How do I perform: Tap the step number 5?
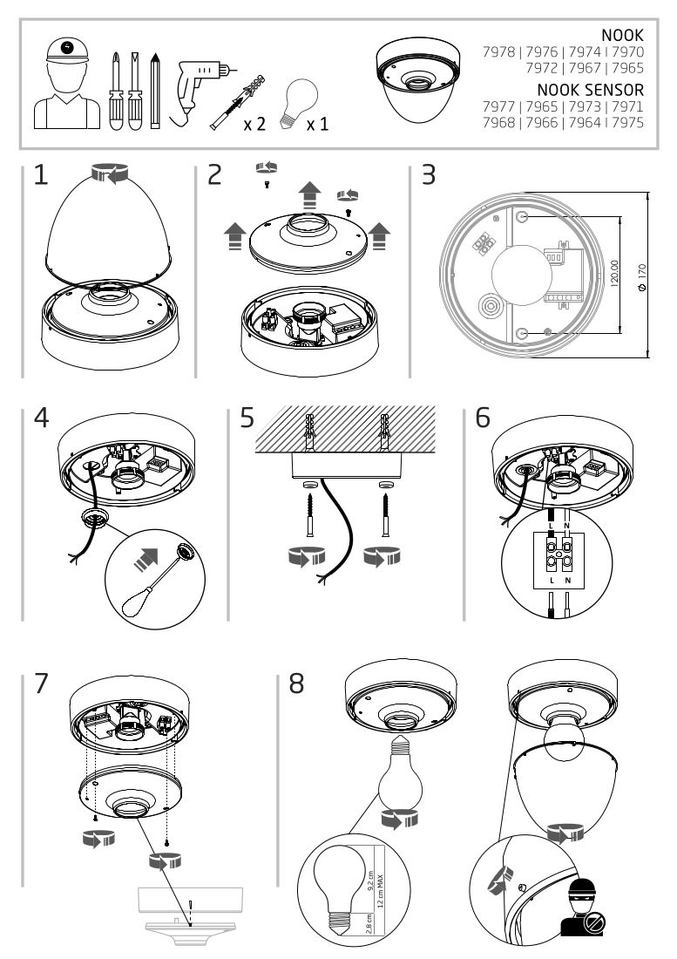pyautogui.click(x=248, y=418)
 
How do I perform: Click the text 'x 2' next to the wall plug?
pyautogui.click(x=254, y=124)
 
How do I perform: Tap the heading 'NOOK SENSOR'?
pyautogui.click(x=590, y=90)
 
